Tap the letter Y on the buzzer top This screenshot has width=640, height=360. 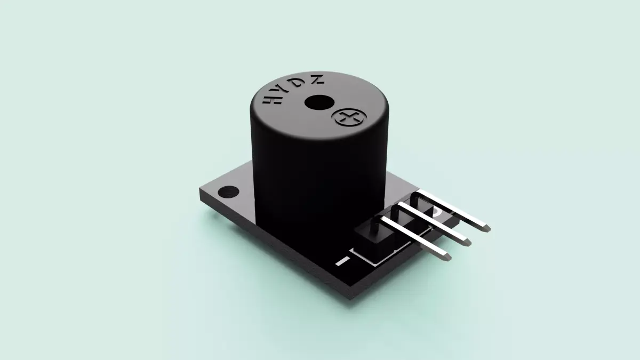284,91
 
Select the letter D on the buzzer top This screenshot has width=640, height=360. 301,83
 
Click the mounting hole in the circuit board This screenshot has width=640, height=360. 230,190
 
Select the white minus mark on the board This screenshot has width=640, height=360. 344,261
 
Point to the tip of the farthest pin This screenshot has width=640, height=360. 487,229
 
